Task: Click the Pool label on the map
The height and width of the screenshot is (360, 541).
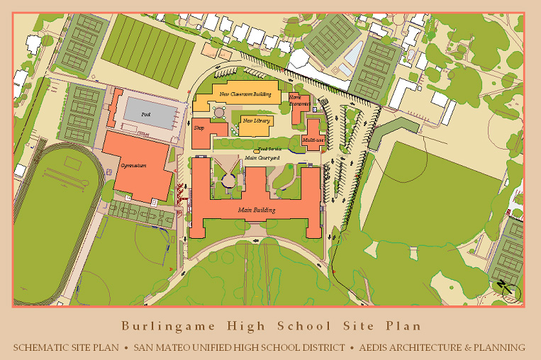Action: coord(146,114)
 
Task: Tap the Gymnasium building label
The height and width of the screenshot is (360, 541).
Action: coord(133,166)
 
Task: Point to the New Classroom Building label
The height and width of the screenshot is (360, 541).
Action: coord(245,94)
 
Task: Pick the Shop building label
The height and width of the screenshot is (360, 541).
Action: coord(199,128)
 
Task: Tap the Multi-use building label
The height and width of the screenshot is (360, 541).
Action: coord(313,140)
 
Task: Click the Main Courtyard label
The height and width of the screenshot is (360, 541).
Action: coord(262,157)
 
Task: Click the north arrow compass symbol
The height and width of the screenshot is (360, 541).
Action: coord(510,291)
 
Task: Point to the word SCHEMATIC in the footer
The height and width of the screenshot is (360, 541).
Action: coord(46,347)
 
